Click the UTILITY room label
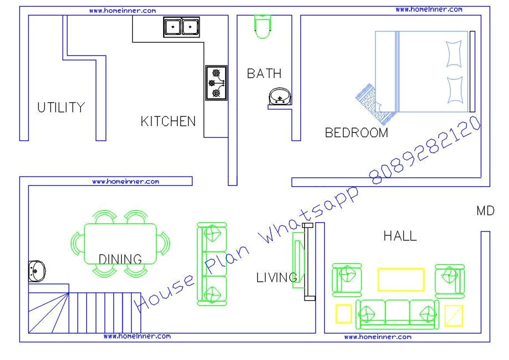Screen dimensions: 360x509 tap(61, 107)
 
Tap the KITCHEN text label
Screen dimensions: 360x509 tap(168, 121)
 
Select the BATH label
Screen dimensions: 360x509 tap(264, 74)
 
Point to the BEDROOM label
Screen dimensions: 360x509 tap(356, 133)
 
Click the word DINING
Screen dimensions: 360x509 tap(120, 259)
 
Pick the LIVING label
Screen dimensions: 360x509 tap(276, 278)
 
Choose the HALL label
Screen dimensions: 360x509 tap(400, 236)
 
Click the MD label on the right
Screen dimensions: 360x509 tap(485, 211)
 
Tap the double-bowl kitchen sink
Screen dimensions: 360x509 tap(181, 27)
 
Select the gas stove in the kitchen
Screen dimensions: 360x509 tap(216, 83)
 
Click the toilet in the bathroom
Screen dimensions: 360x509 tap(262, 26)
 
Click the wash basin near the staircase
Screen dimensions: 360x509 tap(37, 270)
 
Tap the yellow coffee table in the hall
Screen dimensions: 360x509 tap(401, 279)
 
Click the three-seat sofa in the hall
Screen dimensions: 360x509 tap(397, 314)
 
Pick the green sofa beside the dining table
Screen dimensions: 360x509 tap(212, 263)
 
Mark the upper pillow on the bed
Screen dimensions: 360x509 tap(454, 53)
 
